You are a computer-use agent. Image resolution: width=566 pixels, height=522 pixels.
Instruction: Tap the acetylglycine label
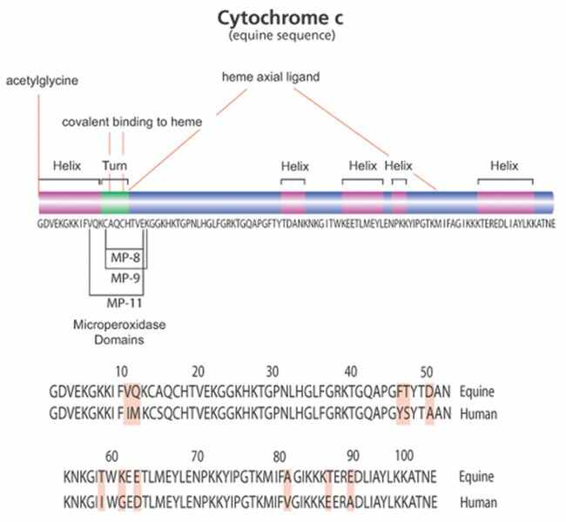click(x=41, y=81)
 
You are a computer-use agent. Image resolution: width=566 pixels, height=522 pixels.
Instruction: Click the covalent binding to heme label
click(x=132, y=123)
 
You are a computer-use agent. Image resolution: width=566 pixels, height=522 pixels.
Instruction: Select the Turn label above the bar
click(x=114, y=164)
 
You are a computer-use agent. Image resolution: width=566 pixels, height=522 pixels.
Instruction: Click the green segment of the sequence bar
click(x=115, y=203)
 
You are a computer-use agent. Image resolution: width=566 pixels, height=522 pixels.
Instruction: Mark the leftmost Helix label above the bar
click(x=66, y=164)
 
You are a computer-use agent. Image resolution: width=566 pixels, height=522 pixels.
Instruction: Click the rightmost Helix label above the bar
click(x=504, y=164)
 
